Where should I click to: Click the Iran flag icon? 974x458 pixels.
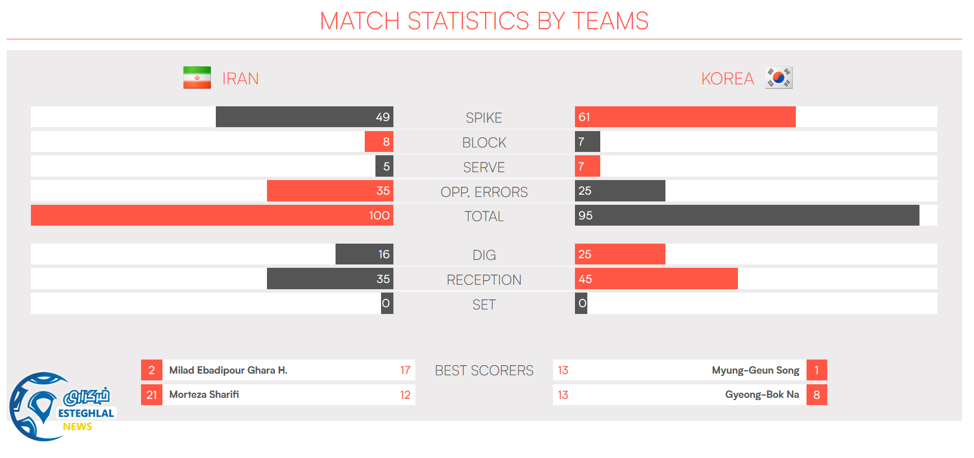(197, 78)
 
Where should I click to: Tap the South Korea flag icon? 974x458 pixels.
(778, 78)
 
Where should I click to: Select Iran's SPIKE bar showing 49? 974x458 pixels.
(304, 117)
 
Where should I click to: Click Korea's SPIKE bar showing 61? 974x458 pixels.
(685, 117)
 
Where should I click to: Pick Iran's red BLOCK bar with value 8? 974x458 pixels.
(379, 142)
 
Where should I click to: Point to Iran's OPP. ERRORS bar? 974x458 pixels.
(330, 191)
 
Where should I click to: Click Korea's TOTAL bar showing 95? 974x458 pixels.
(747, 215)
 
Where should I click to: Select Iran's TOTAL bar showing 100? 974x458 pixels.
(212, 215)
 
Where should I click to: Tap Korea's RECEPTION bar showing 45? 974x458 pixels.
(656, 279)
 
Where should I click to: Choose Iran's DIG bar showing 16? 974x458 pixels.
(364, 254)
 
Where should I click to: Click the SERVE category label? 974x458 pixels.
(484, 167)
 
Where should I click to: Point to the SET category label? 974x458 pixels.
(484, 304)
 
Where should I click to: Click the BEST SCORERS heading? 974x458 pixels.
(484, 371)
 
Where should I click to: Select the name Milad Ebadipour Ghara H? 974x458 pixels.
(228, 370)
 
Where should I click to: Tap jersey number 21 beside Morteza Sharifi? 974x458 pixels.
(152, 395)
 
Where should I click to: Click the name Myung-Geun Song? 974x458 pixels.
(755, 370)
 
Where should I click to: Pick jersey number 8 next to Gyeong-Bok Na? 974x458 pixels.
(817, 395)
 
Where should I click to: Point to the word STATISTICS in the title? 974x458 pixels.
(468, 21)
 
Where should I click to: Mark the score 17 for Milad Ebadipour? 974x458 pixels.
(405, 370)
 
